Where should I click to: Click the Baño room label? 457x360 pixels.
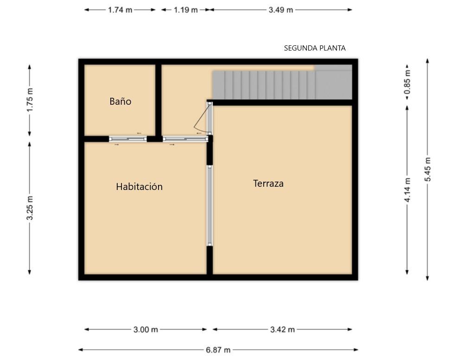(121, 101)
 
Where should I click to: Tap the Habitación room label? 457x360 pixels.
(140, 186)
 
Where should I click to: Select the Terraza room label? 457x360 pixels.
(268, 183)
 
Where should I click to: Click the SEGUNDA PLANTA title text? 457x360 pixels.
(315, 48)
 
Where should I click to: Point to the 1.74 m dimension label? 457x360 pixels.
(120, 10)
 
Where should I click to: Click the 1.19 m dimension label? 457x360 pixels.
(186, 10)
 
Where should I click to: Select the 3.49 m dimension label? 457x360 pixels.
(281, 10)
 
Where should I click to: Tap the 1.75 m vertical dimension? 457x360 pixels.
(30, 100)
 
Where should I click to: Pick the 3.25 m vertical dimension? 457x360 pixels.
(30, 208)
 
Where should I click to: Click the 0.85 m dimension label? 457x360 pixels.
(407, 82)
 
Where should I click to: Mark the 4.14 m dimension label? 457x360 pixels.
(407, 190)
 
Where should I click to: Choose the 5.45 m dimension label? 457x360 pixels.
(427, 169)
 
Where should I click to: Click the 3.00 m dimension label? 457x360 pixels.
(146, 330)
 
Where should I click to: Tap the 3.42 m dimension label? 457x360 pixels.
(282, 330)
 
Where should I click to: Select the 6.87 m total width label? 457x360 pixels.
(218, 350)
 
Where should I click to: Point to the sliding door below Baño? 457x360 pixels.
(128, 139)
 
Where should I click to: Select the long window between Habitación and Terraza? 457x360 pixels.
(209, 206)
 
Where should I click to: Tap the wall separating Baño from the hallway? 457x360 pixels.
(158, 100)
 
